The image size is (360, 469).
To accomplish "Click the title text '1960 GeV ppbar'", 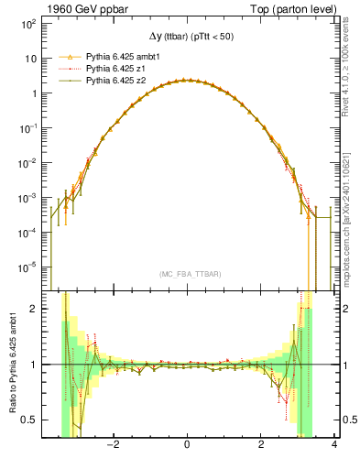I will [x=81, y=7].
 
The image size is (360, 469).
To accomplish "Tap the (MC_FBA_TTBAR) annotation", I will [x=187, y=275].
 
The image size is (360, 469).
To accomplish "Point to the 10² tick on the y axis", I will [x=29, y=23].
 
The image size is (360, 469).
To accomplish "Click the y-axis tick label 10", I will [x=29, y=58].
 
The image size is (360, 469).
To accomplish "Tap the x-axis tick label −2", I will [x=113, y=446].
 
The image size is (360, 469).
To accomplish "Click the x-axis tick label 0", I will [x=187, y=446].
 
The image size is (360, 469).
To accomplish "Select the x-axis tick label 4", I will [x=334, y=446].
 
